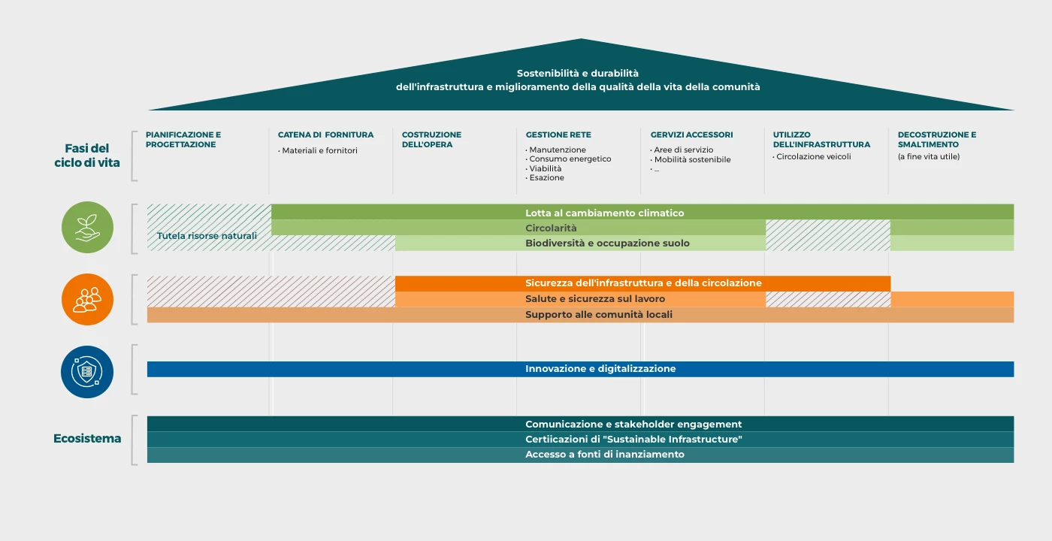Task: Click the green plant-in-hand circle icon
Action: [87, 228]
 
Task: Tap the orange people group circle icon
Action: [87, 299]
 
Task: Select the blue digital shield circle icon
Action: [87, 372]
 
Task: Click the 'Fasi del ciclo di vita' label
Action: [87, 156]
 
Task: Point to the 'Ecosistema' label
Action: [87, 439]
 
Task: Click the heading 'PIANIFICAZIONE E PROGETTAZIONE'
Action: [183, 140]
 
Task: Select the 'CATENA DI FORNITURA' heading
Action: [325, 135]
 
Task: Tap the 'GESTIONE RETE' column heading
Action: [558, 135]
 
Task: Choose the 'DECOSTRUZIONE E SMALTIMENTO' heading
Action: [937, 140]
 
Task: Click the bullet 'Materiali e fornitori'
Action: [319, 150]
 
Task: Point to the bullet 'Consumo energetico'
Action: [570, 159]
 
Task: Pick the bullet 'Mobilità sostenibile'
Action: [692, 159]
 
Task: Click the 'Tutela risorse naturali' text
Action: [207, 236]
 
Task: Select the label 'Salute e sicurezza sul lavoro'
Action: [595, 299]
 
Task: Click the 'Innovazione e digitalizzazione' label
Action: [600, 369]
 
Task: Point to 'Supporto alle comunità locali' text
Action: [599, 315]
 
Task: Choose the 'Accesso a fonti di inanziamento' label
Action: [605, 455]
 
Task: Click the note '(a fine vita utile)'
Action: [929, 157]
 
